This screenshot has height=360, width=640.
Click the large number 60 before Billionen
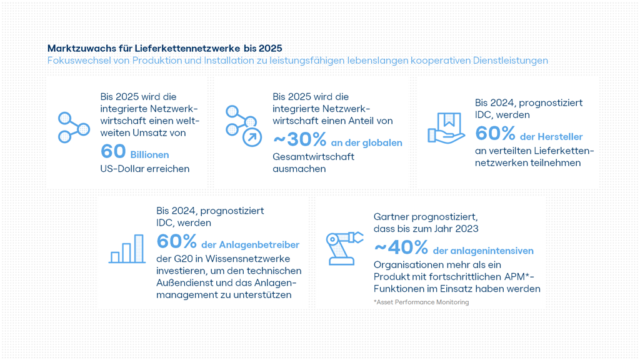click(112, 152)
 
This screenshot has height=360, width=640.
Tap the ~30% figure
click(299, 139)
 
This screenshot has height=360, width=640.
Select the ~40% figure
click(401, 247)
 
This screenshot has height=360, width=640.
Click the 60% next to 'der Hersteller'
click(495, 133)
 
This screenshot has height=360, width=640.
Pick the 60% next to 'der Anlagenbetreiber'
click(177, 241)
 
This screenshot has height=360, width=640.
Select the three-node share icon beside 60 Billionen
click(74, 127)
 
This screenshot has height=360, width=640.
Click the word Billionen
click(149, 154)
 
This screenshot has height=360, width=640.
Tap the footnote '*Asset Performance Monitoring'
click(421, 302)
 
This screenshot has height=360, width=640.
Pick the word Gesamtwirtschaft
click(313, 156)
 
